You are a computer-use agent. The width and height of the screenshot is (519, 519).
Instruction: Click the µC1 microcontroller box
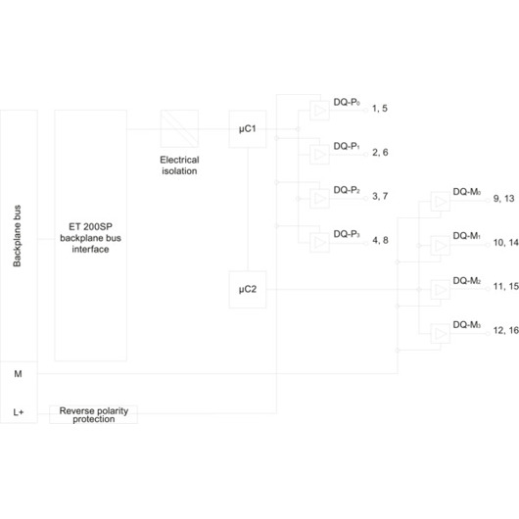247,128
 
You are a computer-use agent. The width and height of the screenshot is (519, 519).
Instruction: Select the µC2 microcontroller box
247,289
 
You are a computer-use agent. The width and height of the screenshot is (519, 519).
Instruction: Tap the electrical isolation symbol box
179,128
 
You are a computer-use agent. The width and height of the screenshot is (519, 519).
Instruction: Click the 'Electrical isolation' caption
179,165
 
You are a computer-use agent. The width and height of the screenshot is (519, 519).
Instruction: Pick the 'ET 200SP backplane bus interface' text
90,238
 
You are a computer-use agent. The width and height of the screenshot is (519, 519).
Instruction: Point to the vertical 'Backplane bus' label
17,236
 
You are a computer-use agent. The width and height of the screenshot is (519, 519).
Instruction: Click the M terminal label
18,374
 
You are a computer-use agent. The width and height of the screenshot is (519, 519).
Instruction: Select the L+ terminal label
19,412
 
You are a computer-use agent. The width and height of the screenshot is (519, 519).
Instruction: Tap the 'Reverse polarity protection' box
93,414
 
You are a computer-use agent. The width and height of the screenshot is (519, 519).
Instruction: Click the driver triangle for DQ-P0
320,111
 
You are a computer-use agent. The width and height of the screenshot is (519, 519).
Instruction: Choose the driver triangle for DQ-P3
320,242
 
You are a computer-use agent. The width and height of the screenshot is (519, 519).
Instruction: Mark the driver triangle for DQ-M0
441,202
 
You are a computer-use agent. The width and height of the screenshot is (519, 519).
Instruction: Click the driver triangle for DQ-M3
441,334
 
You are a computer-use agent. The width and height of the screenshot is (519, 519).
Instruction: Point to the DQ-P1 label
347,146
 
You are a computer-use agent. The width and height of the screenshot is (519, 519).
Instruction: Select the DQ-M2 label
467,281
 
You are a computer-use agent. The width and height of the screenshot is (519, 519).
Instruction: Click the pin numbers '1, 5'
380,109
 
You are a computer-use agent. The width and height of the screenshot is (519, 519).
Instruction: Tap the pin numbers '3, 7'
380,196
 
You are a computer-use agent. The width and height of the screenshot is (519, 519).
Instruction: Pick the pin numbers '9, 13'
503,198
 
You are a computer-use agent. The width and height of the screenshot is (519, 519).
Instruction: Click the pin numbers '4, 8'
380,240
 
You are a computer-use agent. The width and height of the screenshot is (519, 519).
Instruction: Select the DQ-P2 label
347,190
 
